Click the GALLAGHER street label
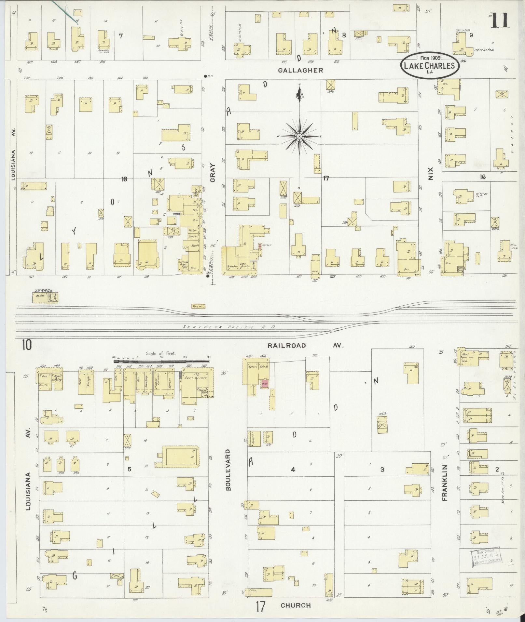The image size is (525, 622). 300,70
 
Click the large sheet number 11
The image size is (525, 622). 499,21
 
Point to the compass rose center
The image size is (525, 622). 299,136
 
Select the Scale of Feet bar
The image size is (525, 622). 161,361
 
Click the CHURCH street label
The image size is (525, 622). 296,605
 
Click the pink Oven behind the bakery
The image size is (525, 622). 264,384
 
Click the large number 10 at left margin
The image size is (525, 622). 27,345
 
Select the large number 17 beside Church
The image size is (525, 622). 261,606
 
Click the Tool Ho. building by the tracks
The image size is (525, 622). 198,306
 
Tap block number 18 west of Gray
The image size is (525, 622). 124,178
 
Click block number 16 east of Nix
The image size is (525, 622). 482,177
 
